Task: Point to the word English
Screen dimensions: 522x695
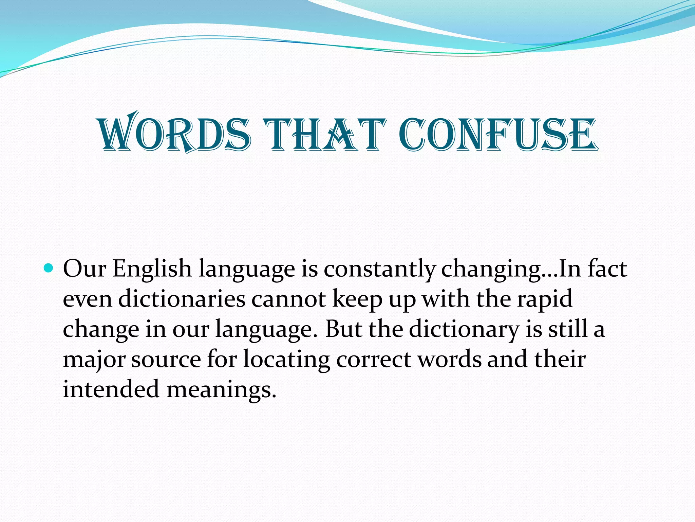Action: (x=152, y=269)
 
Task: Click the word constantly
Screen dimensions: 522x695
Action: (x=379, y=269)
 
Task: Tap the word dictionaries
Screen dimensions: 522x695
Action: (x=182, y=299)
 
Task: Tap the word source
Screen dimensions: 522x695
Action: (x=166, y=360)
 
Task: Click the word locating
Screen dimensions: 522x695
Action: (x=287, y=360)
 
